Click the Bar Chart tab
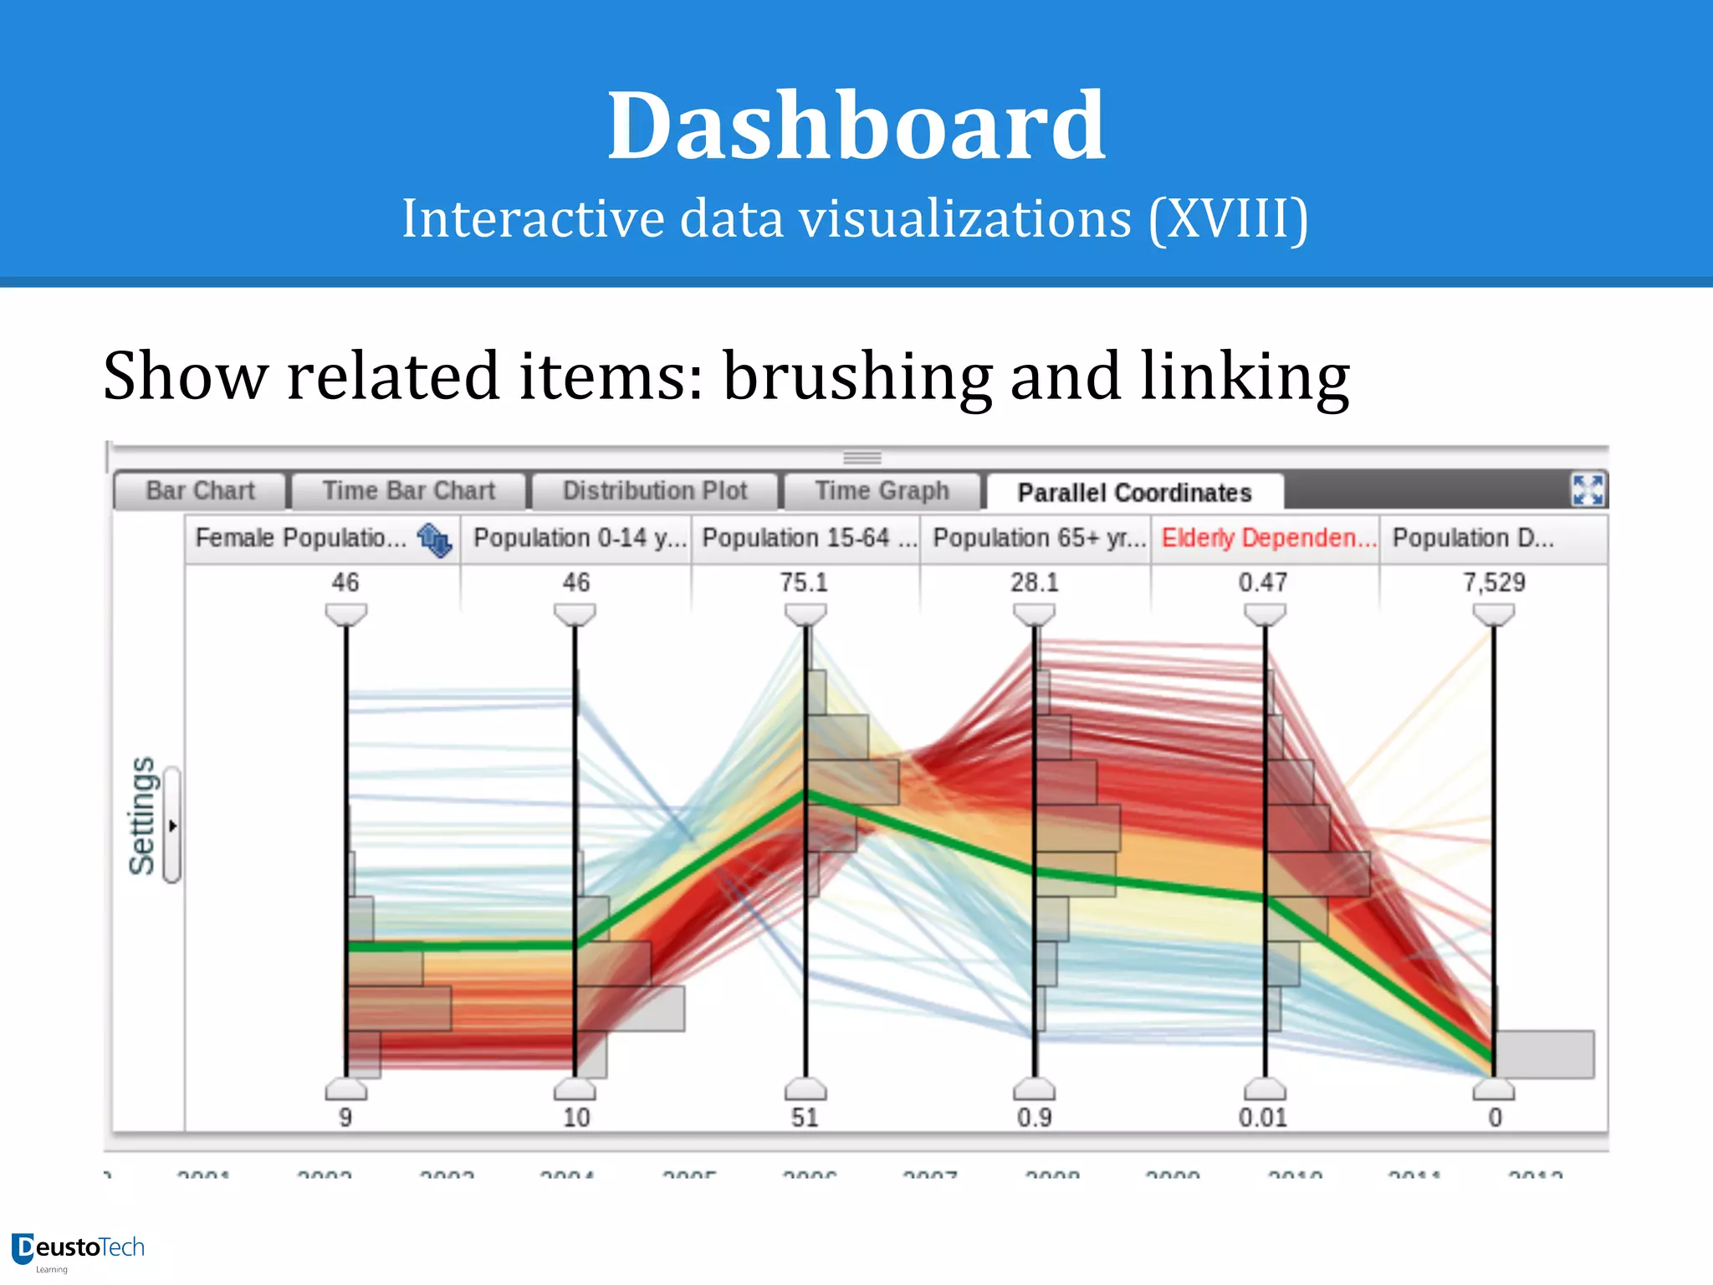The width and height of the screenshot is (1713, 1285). [x=200, y=490]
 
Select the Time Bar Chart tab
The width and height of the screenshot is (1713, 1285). [x=408, y=490]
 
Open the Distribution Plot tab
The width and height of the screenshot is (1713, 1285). [x=654, y=490]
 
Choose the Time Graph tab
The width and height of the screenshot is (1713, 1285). [x=882, y=490]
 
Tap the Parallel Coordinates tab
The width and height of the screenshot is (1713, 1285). [x=1134, y=493]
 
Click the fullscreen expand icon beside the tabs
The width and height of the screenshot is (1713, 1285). [x=1587, y=490]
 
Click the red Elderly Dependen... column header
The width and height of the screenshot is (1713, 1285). [x=1266, y=538]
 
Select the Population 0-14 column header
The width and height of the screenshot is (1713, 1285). [x=577, y=538]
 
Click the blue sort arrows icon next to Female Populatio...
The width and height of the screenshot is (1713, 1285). [x=434, y=540]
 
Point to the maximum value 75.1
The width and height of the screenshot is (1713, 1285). [x=804, y=582]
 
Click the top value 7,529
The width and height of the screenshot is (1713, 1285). [x=1494, y=582]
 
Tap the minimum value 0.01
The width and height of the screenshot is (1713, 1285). [x=1263, y=1118]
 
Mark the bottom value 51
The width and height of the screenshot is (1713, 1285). [x=805, y=1118]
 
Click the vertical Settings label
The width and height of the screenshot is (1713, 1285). [x=142, y=817]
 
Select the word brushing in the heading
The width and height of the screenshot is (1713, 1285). [x=857, y=376]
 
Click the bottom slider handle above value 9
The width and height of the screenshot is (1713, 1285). [x=345, y=1090]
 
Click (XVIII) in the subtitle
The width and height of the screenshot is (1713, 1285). [x=1228, y=219]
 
